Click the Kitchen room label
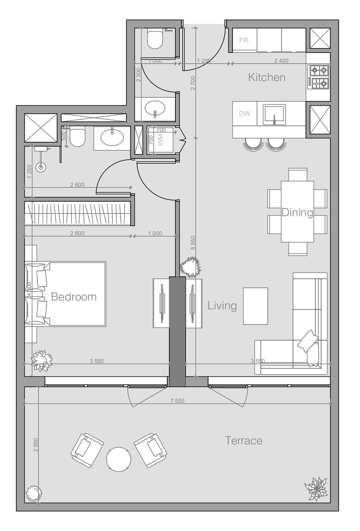point(266,77)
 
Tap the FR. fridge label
point(245,40)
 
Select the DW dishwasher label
point(245,113)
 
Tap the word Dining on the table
point(297,212)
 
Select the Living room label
point(222,306)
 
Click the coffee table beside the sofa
point(255,306)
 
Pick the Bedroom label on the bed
point(74,297)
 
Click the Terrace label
point(244,441)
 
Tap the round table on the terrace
point(118,459)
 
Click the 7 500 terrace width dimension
point(177,401)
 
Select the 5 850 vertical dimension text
point(193,243)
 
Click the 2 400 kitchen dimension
point(281,61)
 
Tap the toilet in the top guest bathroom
point(155,39)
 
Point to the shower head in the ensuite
point(41,167)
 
